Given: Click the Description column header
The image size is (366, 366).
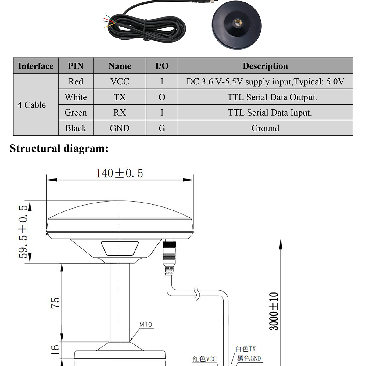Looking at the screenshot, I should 265,66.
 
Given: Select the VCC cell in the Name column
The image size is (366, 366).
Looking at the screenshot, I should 120,81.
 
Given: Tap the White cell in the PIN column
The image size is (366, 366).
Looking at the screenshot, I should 76,97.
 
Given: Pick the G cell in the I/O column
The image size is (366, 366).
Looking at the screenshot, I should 162,128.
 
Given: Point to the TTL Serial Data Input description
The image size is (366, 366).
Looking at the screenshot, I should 270,113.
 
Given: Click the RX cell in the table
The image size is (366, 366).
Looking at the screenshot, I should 120,113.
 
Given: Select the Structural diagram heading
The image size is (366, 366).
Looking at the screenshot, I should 59,149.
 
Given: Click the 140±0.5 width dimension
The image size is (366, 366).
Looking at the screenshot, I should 119,173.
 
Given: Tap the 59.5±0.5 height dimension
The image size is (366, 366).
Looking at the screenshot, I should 23,231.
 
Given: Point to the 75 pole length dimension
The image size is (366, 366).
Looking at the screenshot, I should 56,303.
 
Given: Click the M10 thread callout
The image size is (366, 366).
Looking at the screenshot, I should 146,325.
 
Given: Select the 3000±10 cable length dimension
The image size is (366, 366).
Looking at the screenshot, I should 274,311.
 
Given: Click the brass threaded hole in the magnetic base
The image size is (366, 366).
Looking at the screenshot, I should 237,23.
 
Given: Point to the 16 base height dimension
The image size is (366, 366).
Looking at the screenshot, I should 55,350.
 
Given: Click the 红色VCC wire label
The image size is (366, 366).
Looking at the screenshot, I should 204,359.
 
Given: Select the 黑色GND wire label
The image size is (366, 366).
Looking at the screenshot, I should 249,358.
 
